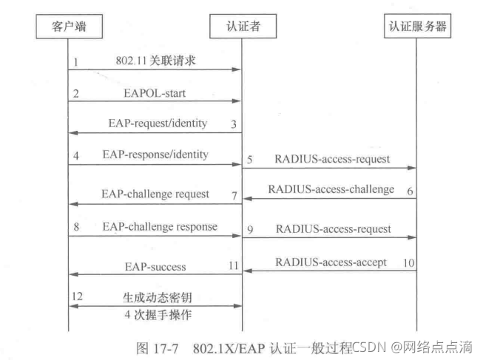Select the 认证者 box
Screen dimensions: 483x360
pyautogui.click(x=242, y=27)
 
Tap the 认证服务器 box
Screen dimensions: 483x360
pyautogui.click(x=418, y=27)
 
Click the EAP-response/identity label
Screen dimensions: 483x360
pyautogui.click(x=155, y=154)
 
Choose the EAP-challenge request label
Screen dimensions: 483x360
pyautogui.click(x=155, y=194)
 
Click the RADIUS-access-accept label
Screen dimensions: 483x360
pyautogui.click(x=331, y=262)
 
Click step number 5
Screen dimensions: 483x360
pyautogui.click(x=250, y=159)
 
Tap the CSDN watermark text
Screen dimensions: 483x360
pyautogui.click(x=368, y=346)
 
